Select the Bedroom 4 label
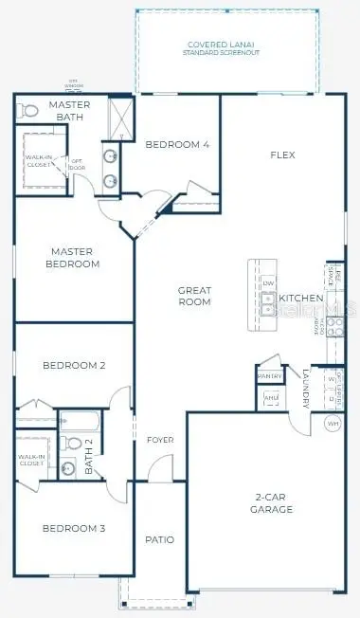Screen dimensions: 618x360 coord(177,144)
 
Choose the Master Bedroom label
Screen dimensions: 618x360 coord(72,257)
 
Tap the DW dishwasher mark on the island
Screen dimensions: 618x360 coord(268,284)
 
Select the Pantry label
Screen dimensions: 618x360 coord(269,376)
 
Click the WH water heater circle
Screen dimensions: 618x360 coord(333,423)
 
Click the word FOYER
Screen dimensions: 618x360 coord(160,441)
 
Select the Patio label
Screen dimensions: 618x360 coord(159,539)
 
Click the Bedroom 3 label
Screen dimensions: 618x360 coord(72,528)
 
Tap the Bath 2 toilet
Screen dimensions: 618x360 coord(72,441)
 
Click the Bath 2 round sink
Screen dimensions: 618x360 coord(68,467)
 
